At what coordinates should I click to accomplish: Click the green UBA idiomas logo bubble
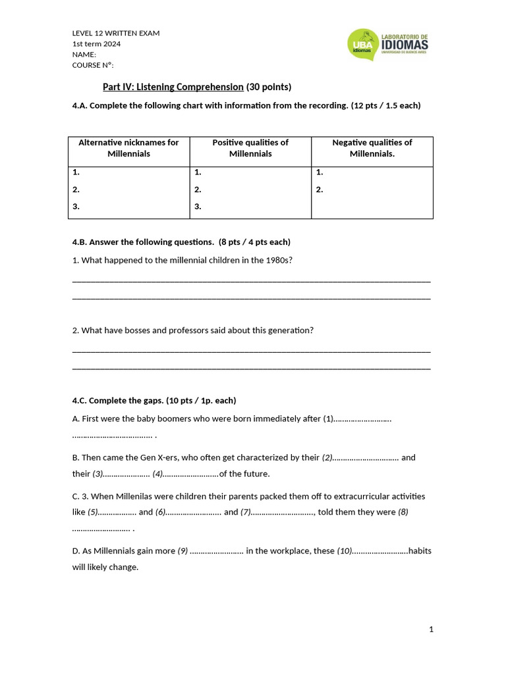pyautogui.click(x=364, y=44)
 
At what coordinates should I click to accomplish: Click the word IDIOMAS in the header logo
pyautogui.click(x=405, y=45)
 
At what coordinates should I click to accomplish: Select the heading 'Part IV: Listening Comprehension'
pyautogui.click(x=173, y=87)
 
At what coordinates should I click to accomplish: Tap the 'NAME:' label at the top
pyautogui.click(x=84, y=55)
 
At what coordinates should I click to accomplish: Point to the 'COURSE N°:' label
pyautogui.click(x=93, y=65)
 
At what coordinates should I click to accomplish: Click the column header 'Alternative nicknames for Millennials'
pyautogui.click(x=128, y=148)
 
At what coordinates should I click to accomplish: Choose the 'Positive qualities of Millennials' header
pyautogui.click(x=250, y=148)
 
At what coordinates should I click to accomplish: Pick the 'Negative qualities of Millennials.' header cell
pyautogui.click(x=372, y=148)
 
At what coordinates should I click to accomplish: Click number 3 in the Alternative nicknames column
pyautogui.click(x=76, y=206)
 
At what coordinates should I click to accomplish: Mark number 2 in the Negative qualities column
pyautogui.click(x=320, y=190)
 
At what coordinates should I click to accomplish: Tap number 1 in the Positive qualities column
pyautogui.click(x=198, y=172)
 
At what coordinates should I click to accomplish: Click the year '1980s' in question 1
pyautogui.click(x=279, y=260)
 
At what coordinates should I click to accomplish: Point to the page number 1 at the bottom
pyautogui.click(x=431, y=630)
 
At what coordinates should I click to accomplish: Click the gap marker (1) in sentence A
pyautogui.click(x=328, y=419)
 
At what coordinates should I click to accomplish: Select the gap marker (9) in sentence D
pyautogui.click(x=183, y=551)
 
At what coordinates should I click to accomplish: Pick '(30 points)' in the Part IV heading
pyautogui.click(x=269, y=87)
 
